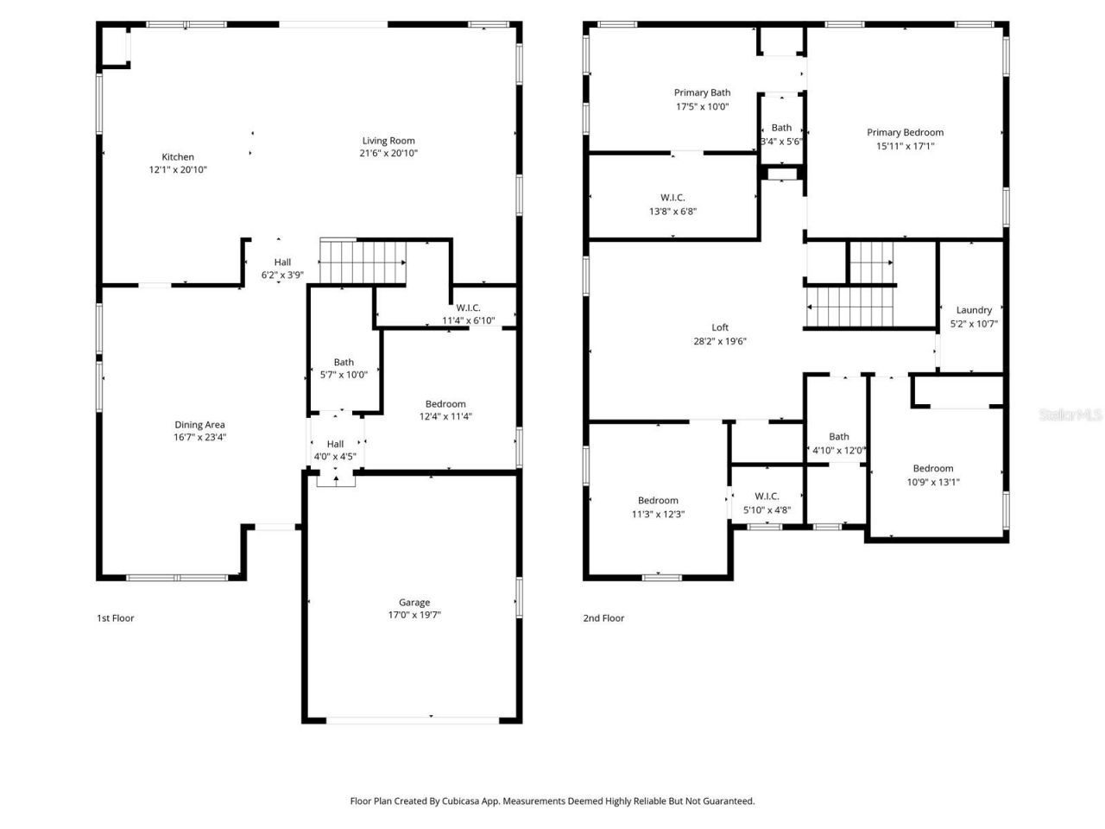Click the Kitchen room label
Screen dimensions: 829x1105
click(178, 157)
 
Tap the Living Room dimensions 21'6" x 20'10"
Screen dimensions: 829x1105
click(388, 154)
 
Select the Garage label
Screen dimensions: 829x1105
click(414, 603)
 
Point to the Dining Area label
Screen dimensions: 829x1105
click(199, 425)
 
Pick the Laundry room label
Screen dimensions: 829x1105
click(974, 310)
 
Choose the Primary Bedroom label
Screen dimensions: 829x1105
click(905, 133)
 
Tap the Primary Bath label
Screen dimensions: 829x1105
click(702, 93)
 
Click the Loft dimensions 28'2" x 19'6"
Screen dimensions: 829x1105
click(720, 341)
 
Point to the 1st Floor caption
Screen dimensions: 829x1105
click(115, 618)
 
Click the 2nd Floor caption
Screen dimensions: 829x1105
click(603, 618)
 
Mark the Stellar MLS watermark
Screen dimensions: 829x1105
click(1070, 415)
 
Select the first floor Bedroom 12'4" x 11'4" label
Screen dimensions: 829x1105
click(445, 404)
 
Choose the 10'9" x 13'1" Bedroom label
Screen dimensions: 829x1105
click(933, 469)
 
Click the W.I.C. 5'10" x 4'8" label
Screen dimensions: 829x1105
click(767, 497)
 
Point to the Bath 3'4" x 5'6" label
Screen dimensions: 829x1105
click(781, 128)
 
